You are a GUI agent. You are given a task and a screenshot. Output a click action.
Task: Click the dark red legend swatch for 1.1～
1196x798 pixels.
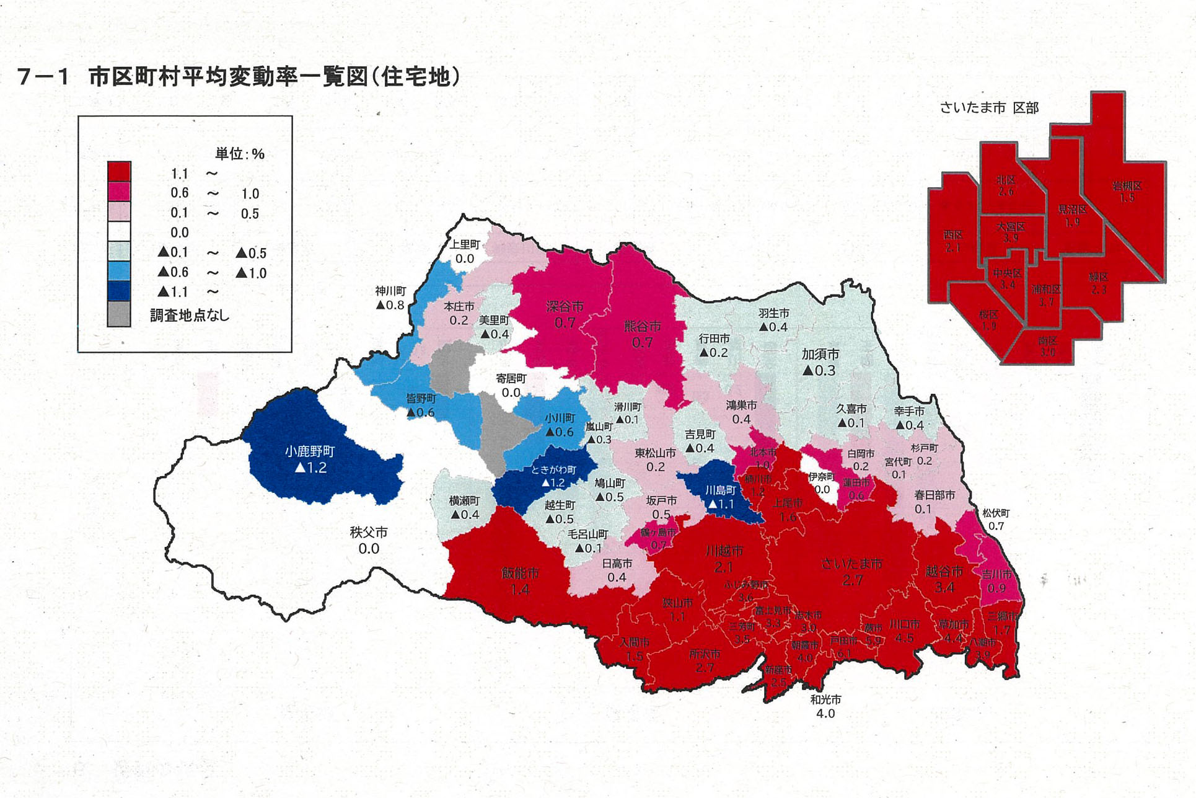(x=119, y=171)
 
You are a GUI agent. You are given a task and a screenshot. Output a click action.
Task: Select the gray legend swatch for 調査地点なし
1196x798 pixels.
(x=119, y=314)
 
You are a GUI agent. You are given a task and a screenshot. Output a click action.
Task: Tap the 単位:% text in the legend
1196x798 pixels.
(x=239, y=154)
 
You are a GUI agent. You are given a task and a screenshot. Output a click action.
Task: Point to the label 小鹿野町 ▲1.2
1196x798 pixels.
(x=310, y=459)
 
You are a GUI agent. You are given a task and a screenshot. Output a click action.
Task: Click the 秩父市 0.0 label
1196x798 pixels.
(x=369, y=540)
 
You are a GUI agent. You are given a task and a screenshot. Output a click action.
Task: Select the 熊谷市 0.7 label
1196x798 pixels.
(x=642, y=334)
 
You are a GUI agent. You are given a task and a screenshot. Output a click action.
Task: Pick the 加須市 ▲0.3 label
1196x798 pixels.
(x=820, y=362)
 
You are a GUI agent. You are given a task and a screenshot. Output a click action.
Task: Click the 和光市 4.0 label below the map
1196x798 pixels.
(x=825, y=706)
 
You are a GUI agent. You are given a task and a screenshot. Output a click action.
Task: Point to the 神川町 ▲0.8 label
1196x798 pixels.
(x=390, y=298)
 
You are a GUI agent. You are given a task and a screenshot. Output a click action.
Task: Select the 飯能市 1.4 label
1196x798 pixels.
(x=520, y=581)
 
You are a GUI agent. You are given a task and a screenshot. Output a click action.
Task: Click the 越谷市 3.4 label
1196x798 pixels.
(x=944, y=579)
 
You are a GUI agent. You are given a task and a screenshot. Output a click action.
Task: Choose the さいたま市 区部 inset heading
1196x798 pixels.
(x=989, y=108)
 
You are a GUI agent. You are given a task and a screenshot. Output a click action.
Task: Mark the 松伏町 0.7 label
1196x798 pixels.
(x=996, y=520)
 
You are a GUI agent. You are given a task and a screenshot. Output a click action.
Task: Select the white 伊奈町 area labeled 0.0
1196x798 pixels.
(x=820, y=482)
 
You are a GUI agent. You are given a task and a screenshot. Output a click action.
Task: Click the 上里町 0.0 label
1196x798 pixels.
(x=465, y=251)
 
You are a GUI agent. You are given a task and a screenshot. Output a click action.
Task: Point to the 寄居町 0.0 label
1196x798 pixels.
(x=511, y=385)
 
